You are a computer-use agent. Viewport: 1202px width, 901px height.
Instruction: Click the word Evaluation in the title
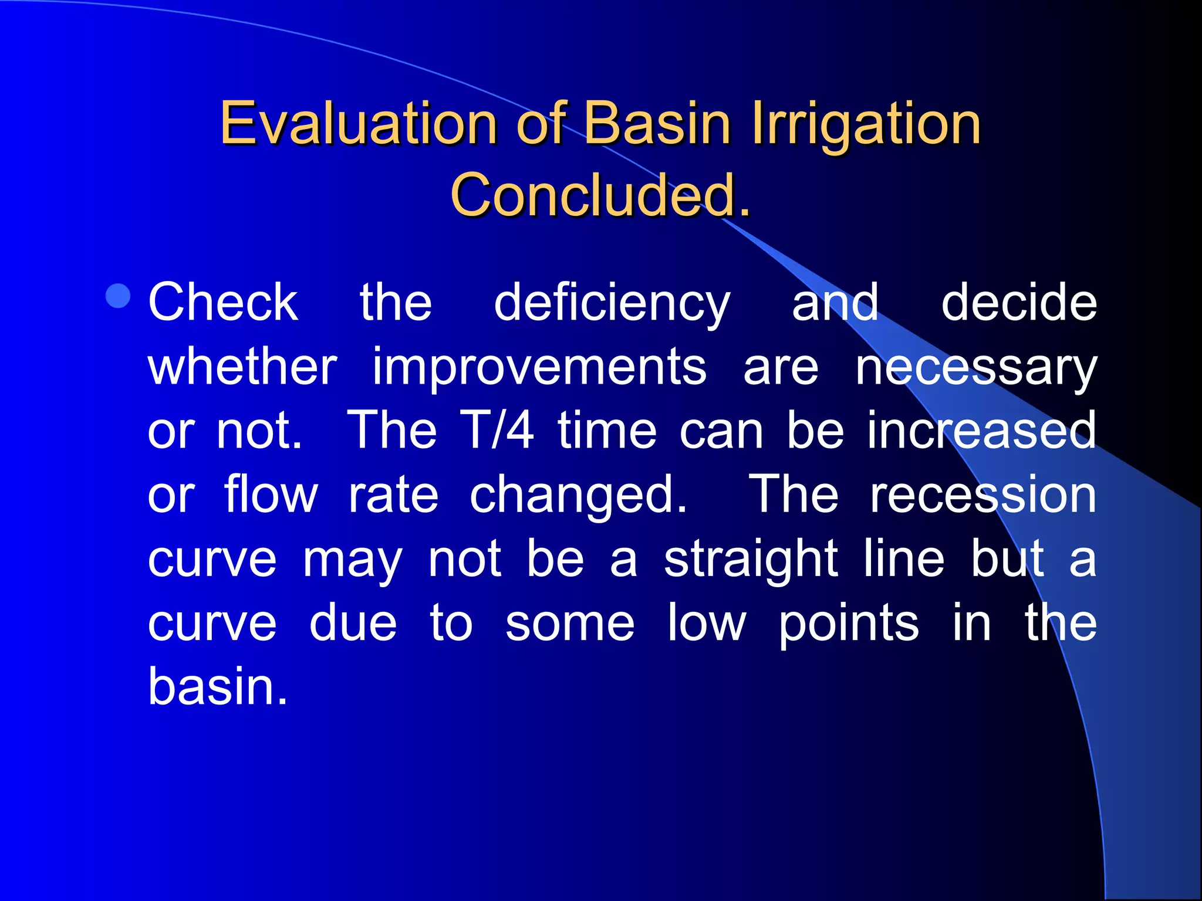pos(359,123)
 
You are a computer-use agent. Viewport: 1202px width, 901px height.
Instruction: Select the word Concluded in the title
pos(593,195)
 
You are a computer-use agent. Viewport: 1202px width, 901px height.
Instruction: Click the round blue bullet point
pos(119,296)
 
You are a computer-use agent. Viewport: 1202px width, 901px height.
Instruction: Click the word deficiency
pos(612,304)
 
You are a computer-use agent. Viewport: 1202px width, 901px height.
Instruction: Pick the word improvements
pos(539,368)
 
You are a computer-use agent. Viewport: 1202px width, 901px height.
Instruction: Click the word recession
pos(983,495)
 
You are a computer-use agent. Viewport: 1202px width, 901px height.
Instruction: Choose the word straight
pos(751,560)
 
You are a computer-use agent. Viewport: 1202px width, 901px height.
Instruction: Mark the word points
pos(849,624)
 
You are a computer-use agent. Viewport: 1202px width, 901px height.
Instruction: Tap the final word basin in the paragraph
pos(218,686)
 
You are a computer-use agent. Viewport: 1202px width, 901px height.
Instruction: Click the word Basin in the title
pos(658,123)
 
